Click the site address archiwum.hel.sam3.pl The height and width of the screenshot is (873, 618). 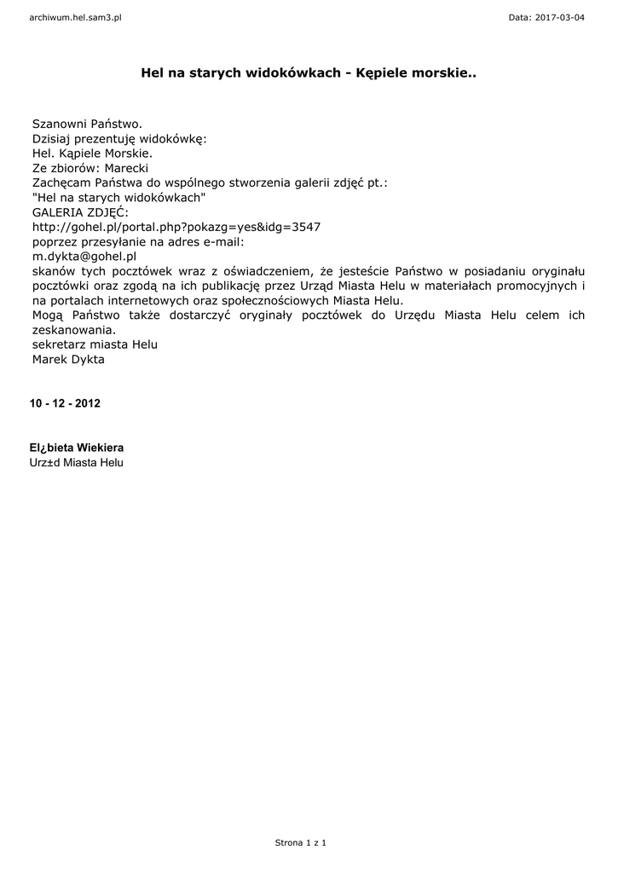coord(76,17)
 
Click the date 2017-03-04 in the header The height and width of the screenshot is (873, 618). coord(560,17)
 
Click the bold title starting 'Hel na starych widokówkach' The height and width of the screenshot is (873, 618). coord(309,75)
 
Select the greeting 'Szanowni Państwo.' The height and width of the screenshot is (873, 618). coord(87,124)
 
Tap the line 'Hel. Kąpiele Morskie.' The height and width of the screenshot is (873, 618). coord(92,153)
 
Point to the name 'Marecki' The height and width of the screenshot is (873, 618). coord(126,168)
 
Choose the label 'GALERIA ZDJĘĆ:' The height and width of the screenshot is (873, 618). coord(80,211)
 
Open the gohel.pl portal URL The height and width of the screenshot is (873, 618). coord(176,227)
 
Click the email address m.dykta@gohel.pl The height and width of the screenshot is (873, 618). coord(84,256)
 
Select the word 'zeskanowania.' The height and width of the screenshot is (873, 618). coord(73,329)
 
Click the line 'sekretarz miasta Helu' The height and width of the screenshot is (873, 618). coord(95,344)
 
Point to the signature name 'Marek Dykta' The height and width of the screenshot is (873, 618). coord(68,359)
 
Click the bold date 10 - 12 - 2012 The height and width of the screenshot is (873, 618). coord(65,403)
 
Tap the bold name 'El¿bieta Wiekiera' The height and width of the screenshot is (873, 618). coord(82,447)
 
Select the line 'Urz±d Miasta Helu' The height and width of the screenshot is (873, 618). coord(77,462)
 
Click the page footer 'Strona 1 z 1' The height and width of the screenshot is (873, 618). coord(301,842)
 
